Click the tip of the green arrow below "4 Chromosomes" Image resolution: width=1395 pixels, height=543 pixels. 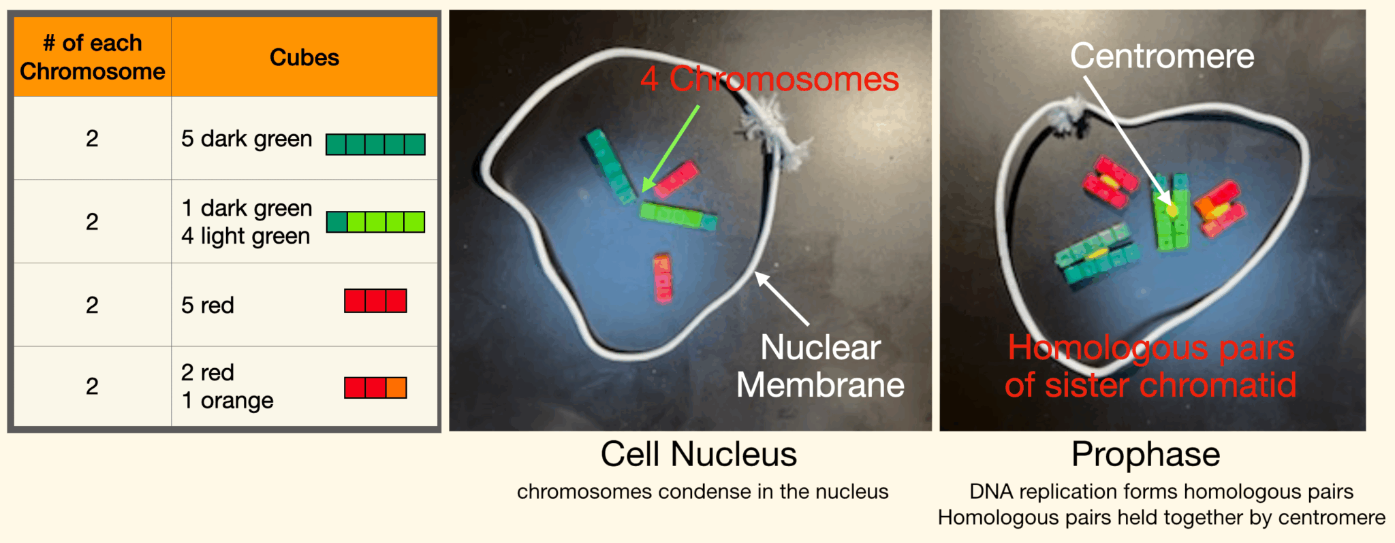pos(643,193)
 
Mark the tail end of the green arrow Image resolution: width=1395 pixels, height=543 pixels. pos(699,105)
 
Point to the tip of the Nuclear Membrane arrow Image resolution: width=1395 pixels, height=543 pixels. pos(755,273)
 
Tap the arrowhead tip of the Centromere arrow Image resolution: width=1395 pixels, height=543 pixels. pos(1171,205)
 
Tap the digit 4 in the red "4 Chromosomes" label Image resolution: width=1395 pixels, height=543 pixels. pos(649,80)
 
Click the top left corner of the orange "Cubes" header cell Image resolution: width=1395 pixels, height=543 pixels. pos(172,18)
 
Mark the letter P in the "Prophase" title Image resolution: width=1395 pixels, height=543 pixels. pos(1082,454)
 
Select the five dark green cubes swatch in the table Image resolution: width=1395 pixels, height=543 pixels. pos(375,144)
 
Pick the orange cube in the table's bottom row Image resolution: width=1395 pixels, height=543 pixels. pos(396,388)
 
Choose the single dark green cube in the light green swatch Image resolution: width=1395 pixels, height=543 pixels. pos(336,222)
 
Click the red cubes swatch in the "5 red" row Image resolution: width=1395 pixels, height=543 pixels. pos(375,301)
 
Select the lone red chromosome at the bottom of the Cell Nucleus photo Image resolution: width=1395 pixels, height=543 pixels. pos(663,278)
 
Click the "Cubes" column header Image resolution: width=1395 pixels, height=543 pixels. pos(304,57)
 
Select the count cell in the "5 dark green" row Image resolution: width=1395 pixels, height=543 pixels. pos(93,138)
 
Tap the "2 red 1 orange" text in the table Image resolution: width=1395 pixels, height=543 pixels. pos(228,386)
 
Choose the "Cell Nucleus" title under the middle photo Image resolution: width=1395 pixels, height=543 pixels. pos(698,454)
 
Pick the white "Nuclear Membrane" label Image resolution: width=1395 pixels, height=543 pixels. pos(821,366)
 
